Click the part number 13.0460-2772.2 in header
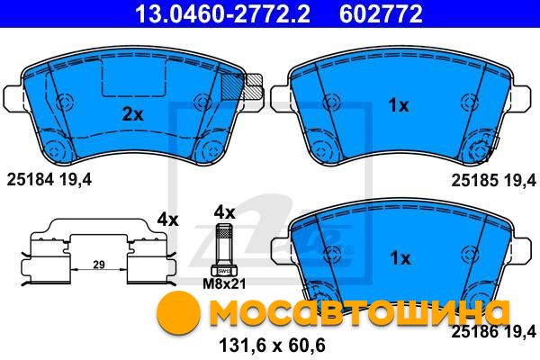click(x=222, y=13)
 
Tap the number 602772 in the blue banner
click(x=381, y=13)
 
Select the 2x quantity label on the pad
click(x=133, y=114)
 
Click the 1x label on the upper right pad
click(x=399, y=105)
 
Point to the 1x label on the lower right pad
click(x=400, y=258)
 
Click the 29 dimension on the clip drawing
click(x=99, y=265)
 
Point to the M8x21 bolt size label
click(x=224, y=284)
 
